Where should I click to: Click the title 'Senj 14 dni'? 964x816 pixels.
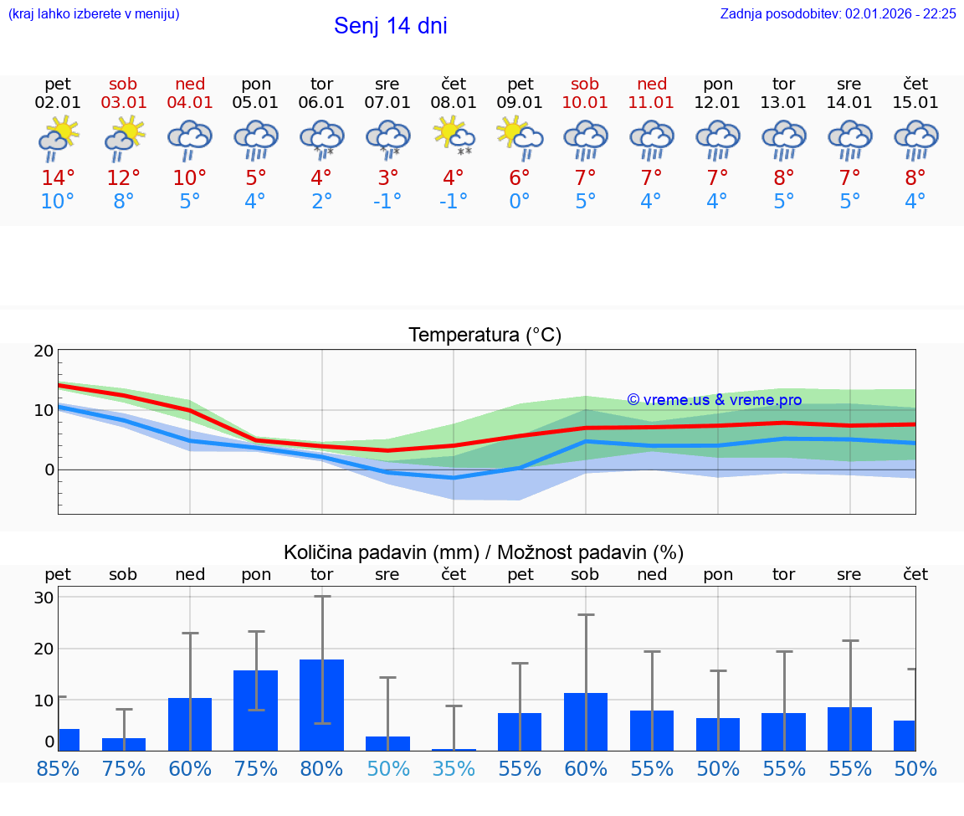(390, 26)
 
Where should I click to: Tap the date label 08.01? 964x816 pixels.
(454, 103)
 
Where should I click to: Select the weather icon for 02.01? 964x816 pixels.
(58, 138)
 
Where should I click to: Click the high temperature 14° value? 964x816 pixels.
(58, 177)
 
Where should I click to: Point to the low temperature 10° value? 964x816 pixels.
(58, 202)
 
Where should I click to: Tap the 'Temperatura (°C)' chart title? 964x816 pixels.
(485, 335)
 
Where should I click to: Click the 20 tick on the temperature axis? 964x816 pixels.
(44, 351)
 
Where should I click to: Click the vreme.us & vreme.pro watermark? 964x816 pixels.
(714, 400)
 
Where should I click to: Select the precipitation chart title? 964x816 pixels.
(484, 552)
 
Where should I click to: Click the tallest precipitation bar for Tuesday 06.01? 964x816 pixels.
(322, 705)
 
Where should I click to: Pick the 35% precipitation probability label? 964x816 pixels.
(454, 768)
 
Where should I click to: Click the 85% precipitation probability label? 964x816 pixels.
(58, 768)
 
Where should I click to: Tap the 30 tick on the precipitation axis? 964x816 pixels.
(44, 598)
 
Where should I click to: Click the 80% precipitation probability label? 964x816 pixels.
(322, 768)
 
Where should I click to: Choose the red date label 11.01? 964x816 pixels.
(652, 103)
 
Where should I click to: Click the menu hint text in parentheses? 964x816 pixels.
(94, 13)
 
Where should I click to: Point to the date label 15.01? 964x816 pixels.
(915, 103)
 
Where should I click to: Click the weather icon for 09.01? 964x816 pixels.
(520, 138)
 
